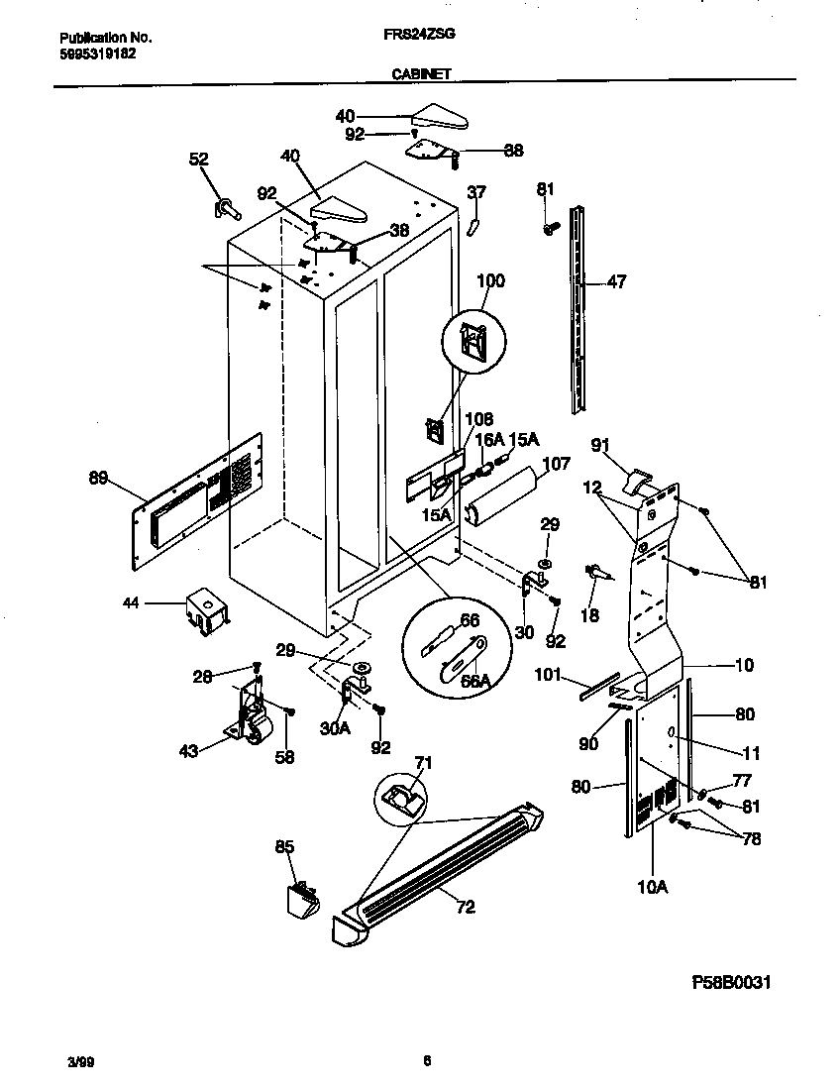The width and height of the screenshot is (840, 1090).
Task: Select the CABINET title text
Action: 419,72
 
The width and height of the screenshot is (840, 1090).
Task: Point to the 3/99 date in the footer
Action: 56,1062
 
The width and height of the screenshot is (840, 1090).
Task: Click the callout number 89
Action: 98,479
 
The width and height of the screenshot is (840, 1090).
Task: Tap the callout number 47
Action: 616,282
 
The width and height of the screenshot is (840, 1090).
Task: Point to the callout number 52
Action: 199,160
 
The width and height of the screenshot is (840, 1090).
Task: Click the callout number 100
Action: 490,280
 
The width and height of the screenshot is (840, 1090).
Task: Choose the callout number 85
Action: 284,847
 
